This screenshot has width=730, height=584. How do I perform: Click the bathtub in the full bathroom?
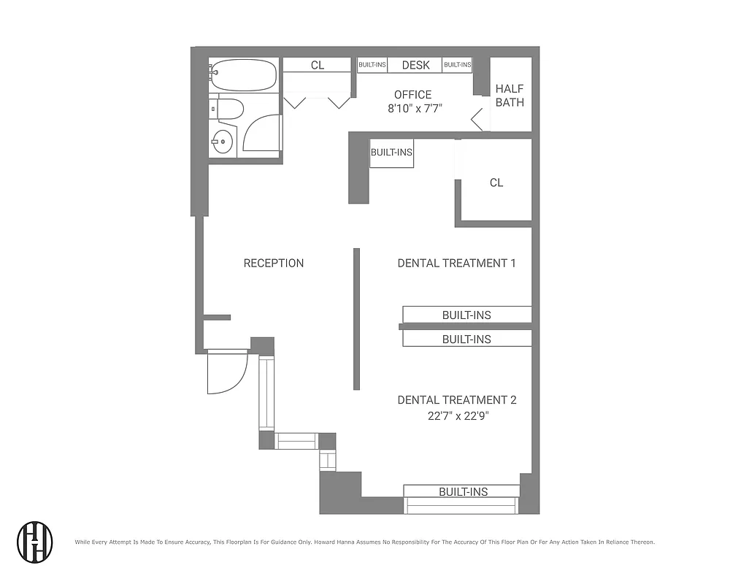click(244, 74)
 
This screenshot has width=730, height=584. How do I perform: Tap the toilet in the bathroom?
click(227, 109)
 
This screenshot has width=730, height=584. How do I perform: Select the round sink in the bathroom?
click(221, 142)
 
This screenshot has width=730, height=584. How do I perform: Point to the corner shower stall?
click(261, 135)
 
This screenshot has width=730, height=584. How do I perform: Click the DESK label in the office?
click(415, 65)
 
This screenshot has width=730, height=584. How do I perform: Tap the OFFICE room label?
click(412, 94)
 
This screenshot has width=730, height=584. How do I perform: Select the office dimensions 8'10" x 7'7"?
click(415, 108)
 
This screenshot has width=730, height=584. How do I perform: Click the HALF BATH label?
click(510, 95)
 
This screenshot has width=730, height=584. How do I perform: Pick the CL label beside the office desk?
click(318, 65)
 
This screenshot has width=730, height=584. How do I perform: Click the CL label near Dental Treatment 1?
click(496, 182)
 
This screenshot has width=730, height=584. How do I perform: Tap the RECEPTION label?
click(274, 263)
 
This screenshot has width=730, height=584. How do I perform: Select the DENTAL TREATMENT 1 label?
click(456, 263)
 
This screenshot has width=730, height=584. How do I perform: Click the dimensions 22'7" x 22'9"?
click(458, 415)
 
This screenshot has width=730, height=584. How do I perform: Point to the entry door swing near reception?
click(226, 372)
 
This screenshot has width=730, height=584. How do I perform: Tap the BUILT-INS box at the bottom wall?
click(463, 491)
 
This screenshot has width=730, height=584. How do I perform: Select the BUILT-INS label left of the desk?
click(372, 65)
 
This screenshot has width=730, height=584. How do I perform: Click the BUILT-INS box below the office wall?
click(391, 153)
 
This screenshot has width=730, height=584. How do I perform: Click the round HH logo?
click(35, 541)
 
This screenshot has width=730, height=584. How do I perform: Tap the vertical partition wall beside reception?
click(356, 319)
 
